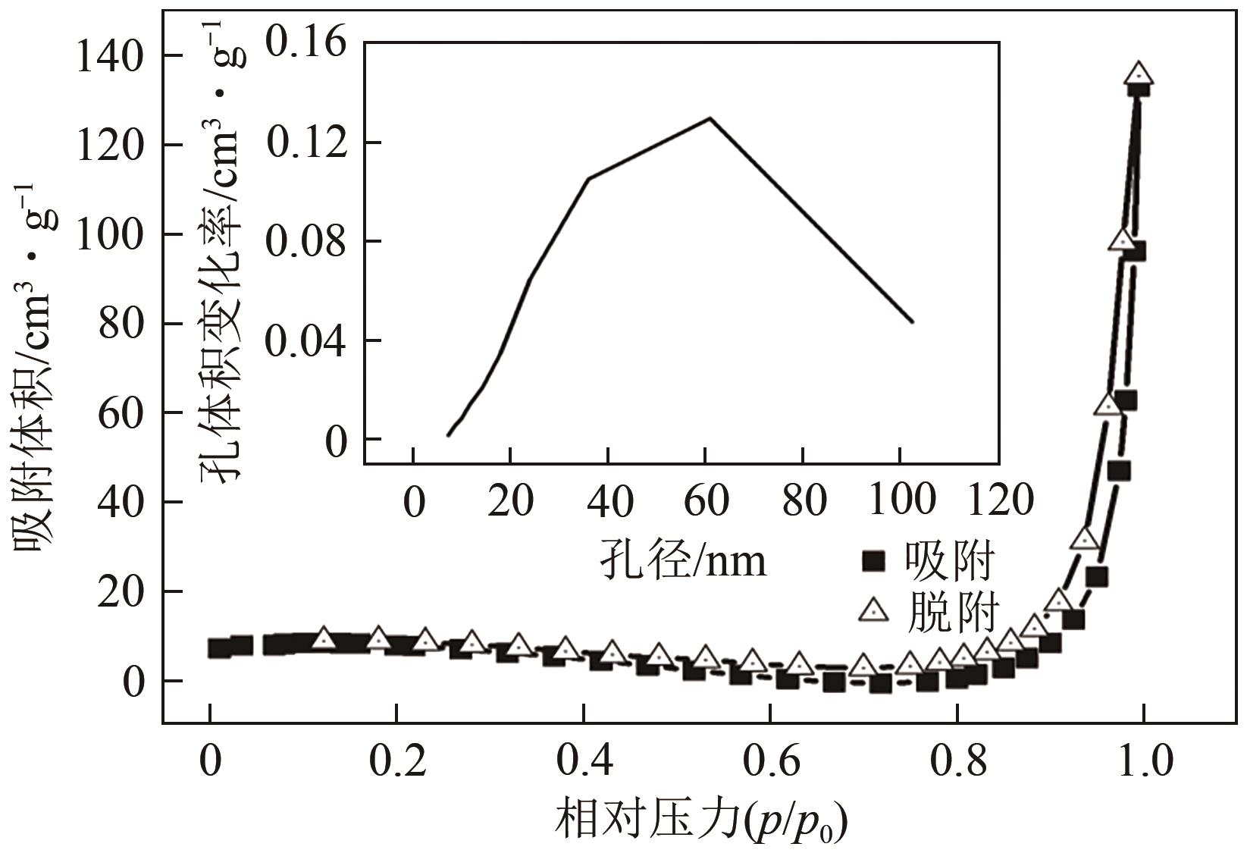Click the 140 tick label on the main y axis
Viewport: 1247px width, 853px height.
109,57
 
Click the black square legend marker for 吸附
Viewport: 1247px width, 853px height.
875,563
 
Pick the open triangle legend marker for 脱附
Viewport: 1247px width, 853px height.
874,609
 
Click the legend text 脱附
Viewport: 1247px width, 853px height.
951,610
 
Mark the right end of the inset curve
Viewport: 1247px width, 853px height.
913,322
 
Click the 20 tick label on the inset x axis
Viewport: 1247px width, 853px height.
511,500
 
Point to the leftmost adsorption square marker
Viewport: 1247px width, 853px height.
219,648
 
